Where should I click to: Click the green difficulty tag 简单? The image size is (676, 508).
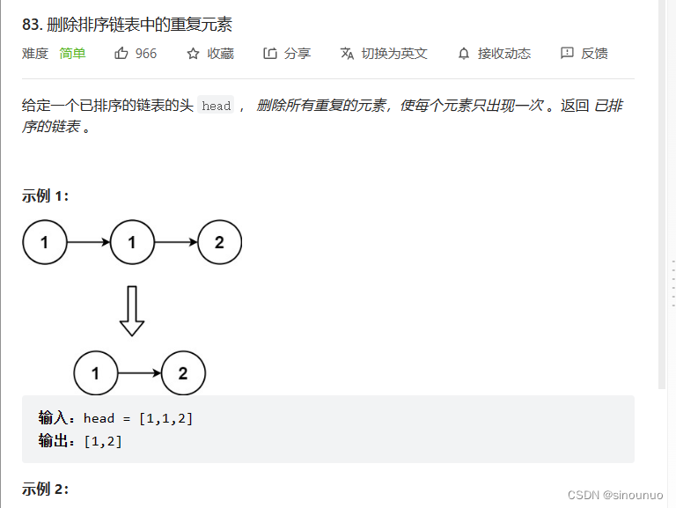72,54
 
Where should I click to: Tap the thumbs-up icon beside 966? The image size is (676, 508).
121,54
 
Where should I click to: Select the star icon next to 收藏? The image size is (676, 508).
194,54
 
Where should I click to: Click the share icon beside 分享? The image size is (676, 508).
270,54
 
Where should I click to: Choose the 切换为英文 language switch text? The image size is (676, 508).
394,54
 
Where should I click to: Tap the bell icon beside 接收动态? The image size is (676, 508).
464,54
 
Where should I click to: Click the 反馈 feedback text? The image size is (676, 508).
594,54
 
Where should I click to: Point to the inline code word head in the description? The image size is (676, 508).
216,107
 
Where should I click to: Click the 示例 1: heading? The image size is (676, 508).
46,195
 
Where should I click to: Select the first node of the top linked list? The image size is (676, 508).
45,242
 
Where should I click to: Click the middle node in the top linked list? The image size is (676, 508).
132,242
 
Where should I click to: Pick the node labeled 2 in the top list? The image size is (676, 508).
219,242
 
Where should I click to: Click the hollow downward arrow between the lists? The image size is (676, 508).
132,311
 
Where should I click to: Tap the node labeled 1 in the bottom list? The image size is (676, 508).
95,373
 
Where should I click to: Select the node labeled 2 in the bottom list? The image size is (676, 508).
183,373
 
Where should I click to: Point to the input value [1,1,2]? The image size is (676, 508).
166,418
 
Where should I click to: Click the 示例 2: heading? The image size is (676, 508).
46,489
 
